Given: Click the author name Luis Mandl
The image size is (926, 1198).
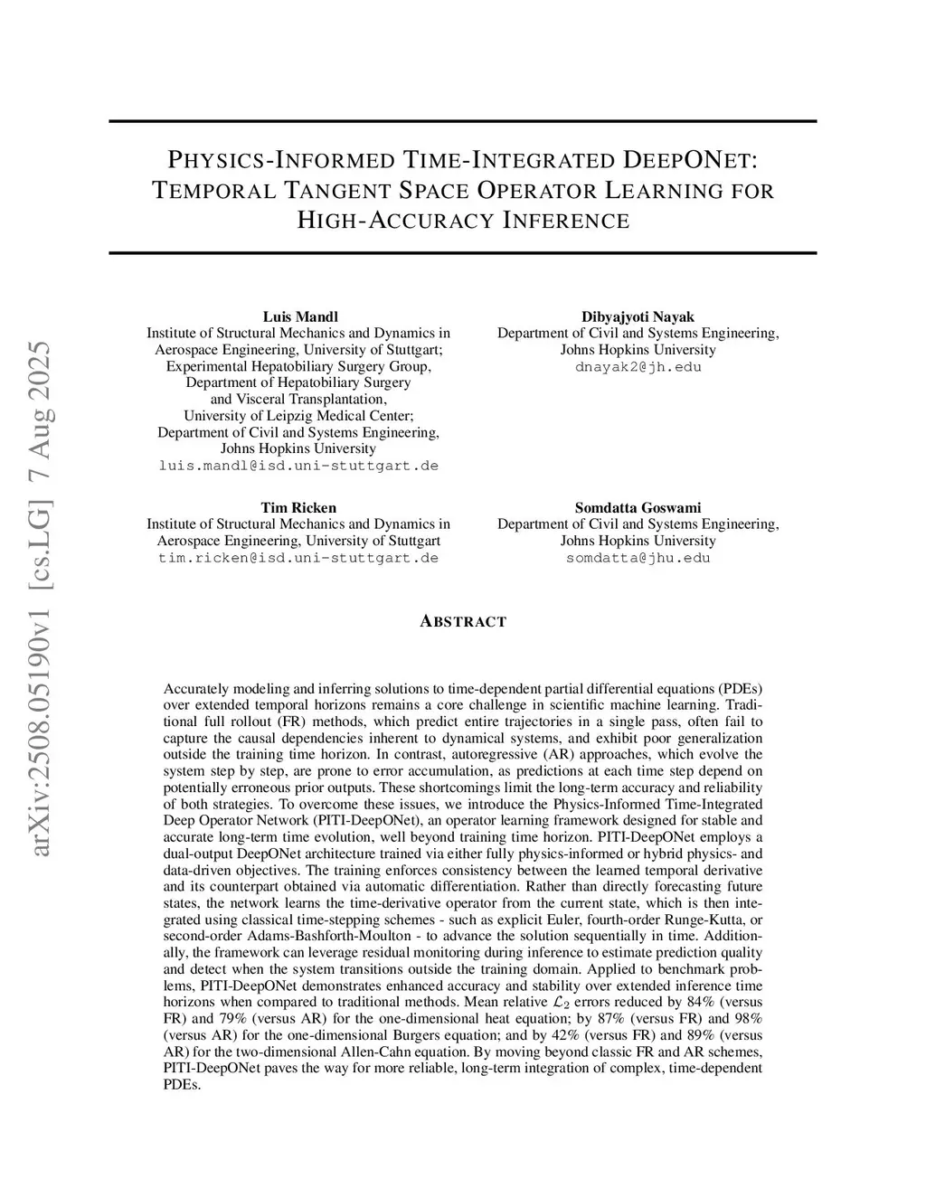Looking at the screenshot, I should point(300,316).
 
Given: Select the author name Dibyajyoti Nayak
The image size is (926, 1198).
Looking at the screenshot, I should point(638,316).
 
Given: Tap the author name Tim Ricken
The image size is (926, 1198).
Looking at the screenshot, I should point(298,507).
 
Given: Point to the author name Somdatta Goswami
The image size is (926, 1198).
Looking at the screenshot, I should point(638,507).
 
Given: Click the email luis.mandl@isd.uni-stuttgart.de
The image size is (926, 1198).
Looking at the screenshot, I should point(298,466).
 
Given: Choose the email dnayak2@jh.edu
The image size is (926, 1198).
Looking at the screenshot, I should point(638,366).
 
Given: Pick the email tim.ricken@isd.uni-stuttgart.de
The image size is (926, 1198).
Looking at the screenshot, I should point(298,558).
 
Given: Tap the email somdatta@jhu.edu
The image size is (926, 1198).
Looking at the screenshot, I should point(638,558).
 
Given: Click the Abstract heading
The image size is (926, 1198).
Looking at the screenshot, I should point(463,621).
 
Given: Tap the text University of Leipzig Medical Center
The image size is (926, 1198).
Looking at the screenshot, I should point(298,416).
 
